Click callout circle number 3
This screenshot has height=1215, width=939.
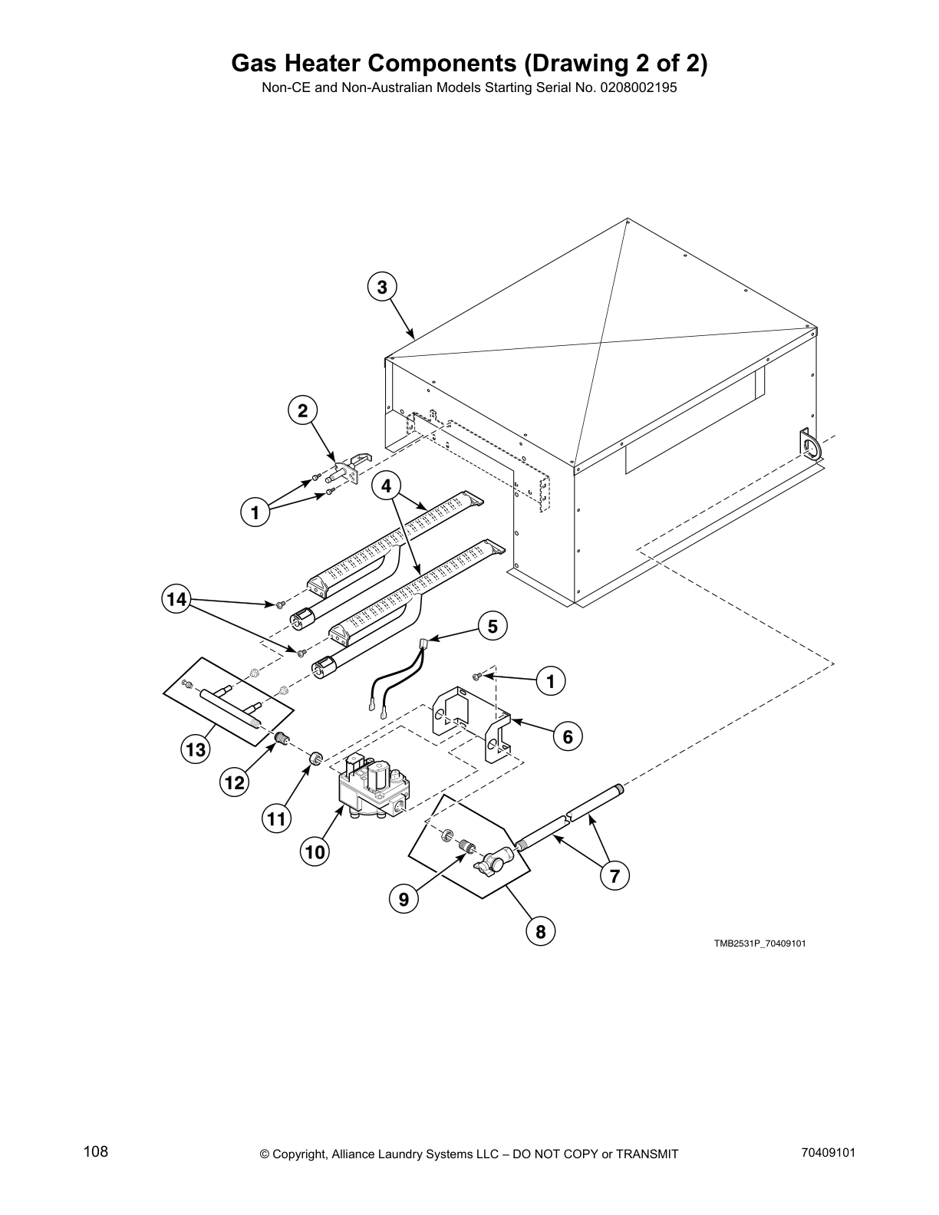point(382,287)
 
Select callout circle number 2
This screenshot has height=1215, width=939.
point(303,410)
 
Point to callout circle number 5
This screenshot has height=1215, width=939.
point(493,626)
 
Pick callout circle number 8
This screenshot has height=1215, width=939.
point(541,932)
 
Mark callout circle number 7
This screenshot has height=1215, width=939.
point(614,875)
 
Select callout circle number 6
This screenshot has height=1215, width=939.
point(568,737)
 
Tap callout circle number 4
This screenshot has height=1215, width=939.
point(386,486)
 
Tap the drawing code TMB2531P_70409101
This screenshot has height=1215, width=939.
point(759,943)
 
